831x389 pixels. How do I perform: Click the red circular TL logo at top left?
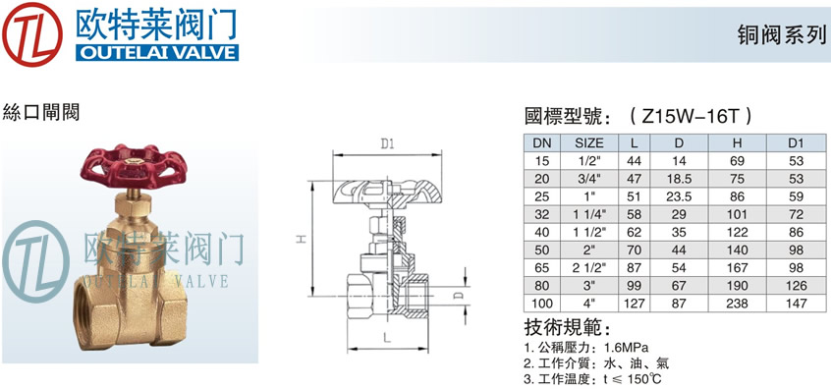tap(31, 34)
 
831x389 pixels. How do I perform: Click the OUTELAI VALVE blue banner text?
tap(157, 52)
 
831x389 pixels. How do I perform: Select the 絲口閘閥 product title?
tap(41, 112)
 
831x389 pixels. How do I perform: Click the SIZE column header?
tap(589, 143)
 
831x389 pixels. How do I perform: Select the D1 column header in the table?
tap(796, 143)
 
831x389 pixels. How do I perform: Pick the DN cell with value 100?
tap(542, 304)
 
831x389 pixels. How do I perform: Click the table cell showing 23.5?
tap(679, 196)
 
